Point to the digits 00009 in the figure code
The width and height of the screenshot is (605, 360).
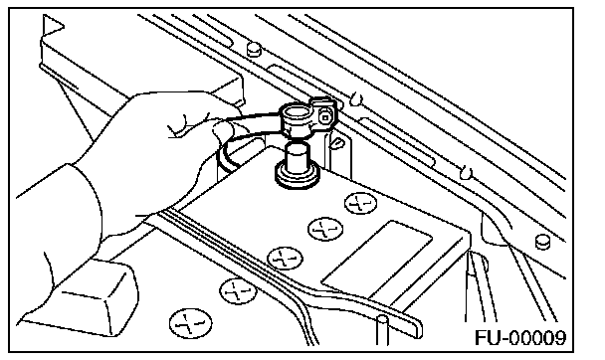538,338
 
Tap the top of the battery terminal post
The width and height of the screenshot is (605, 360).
298,147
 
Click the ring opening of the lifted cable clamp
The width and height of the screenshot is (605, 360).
297,114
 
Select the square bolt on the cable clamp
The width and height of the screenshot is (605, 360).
325,116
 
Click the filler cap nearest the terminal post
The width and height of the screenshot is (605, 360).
361,203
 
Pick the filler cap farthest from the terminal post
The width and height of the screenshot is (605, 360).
191,323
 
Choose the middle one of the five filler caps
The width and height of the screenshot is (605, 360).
285,258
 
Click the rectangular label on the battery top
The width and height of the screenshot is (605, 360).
377,260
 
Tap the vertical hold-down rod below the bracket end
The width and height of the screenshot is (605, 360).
382,330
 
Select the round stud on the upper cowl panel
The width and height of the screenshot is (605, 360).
254,50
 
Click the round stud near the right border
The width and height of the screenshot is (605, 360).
543,242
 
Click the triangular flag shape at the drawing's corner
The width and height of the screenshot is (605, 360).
52,26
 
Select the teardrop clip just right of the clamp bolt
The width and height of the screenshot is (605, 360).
336,143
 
